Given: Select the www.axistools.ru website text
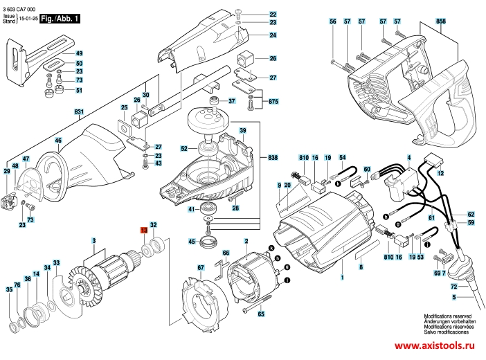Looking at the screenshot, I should [434, 345].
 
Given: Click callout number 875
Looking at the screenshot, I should [273, 102].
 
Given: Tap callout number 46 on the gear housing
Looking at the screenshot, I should [59, 140].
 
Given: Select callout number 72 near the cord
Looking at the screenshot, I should [454, 285].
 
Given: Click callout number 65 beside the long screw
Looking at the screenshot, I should [261, 314].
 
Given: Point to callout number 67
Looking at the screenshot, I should [200, 268].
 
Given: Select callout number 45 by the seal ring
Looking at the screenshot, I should [191, 242].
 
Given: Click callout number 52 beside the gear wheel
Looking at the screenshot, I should [184, 147].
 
